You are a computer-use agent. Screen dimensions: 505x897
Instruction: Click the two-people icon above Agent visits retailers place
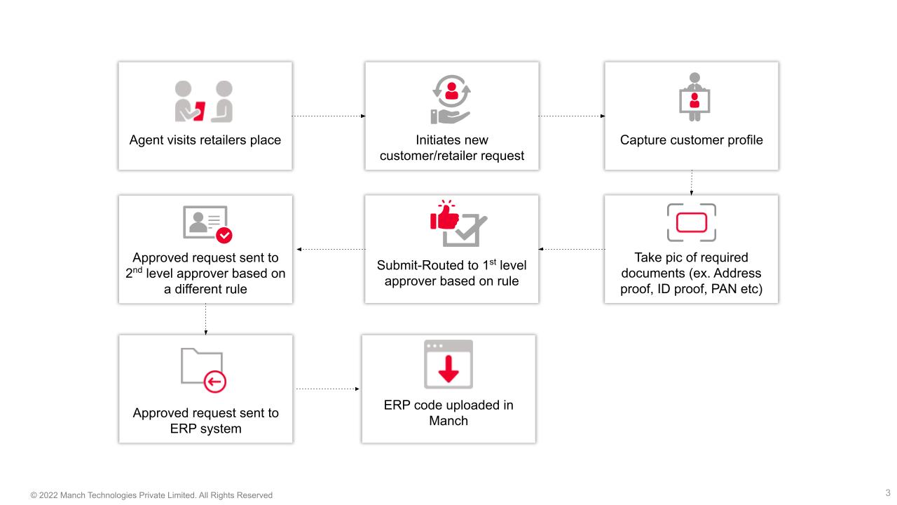(x=204, y=102)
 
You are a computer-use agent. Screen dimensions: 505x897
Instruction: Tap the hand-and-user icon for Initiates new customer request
(x=451, y=100)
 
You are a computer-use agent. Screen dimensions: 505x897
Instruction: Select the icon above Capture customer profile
(x=694, y=97)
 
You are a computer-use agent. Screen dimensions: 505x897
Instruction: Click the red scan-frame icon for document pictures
(x=691, y=222)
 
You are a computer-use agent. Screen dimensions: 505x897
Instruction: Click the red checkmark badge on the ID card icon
(x=224, y=234)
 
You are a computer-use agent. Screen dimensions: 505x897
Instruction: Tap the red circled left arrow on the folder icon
(x=214, y=382)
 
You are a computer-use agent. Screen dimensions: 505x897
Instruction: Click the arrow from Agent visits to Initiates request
(x=328, y=116)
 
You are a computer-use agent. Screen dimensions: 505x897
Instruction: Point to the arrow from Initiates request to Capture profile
(x=571, y=116)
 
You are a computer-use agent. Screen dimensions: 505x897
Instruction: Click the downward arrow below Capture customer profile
(x=692, y=182)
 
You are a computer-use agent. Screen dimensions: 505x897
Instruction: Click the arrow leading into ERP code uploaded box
(x=327, y=389)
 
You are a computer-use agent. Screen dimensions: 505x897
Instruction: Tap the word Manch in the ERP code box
(x=448, y=421)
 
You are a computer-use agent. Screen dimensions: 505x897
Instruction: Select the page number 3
(x=888, y=493)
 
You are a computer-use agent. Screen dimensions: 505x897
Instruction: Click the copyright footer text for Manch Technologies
(x=151, y=495)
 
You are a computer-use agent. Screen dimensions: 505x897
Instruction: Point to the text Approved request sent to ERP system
(x=205, y=421)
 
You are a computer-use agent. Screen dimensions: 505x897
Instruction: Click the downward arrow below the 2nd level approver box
(x=205, y=319)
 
